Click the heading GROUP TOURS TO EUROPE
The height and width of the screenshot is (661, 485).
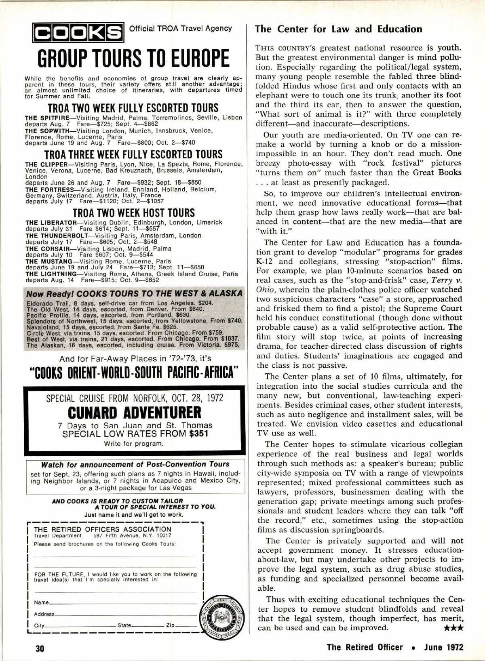[x=133, y=59]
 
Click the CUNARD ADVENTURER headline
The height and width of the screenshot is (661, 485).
[x=135, y=413]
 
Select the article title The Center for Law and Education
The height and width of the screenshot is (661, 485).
[x=339, y=29]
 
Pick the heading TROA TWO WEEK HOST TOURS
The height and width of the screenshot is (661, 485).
[x=133, y=213]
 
